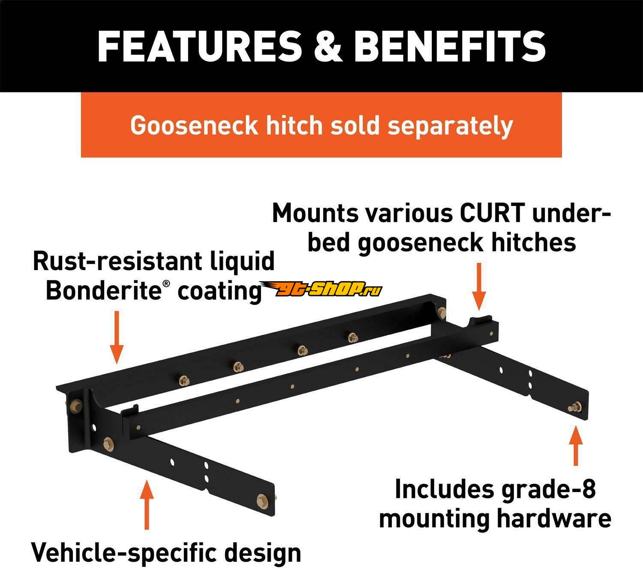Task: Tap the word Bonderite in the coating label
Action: [x=103, y=291]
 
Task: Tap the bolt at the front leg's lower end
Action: [x=261, y=501]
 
